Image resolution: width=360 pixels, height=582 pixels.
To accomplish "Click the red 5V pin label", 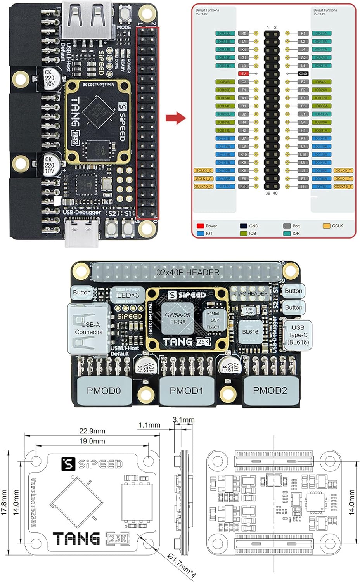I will point(243,74).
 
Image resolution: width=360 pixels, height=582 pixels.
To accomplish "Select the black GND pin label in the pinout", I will point(303,74).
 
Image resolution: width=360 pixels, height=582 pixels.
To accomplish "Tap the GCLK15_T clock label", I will point(343,187).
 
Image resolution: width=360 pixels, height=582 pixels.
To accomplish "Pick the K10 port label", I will point(244,154).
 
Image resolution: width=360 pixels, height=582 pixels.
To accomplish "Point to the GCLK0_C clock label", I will point(203,170).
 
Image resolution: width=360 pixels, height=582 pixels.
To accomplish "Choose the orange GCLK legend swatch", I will point(326,226).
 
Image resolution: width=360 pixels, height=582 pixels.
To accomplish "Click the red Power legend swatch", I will point(200,226).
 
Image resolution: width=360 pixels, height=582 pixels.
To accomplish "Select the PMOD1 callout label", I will point(186,391).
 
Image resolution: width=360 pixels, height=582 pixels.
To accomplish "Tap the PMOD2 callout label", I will point(270,390).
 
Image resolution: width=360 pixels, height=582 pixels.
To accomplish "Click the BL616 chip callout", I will point(250,332).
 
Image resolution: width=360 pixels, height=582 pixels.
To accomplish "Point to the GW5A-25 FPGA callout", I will point(178,319).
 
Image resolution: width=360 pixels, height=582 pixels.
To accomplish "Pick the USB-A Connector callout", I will point(89,328).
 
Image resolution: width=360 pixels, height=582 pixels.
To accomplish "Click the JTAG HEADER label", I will point(251,294).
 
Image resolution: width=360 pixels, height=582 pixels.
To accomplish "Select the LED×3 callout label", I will point(128,295).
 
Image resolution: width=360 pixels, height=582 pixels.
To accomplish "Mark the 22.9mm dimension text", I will point(92,431).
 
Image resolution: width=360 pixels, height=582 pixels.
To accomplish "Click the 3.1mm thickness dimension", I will point(183,420).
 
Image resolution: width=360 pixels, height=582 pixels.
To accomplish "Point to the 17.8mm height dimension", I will point(4,502).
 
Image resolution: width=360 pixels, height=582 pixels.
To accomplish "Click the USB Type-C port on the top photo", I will point(81,232).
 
